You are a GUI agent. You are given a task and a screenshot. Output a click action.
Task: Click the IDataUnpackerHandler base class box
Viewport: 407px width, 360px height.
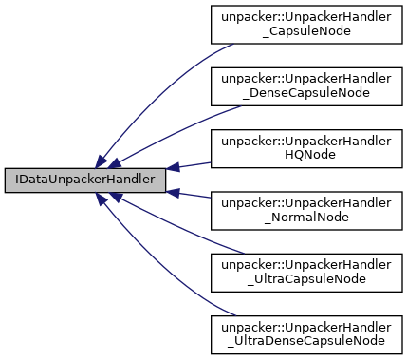pyautogui.click(x=84, y=178)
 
